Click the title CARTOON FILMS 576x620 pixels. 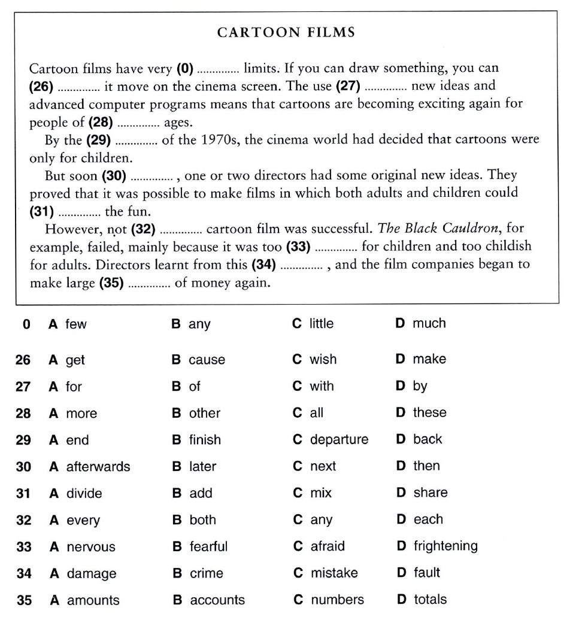point(286,32)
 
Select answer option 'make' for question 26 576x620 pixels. point(429,359)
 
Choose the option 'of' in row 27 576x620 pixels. point(195,387)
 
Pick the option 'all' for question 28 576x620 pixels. point(316,413)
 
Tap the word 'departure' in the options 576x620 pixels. point(339,440)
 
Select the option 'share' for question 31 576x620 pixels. point(430,493)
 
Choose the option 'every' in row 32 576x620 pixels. point(83,521)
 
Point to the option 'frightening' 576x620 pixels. point(445,546)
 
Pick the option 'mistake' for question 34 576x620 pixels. point(334,573)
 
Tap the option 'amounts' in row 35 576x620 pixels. point(93,600)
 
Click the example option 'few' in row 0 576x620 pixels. point(76,324)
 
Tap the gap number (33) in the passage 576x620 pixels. point(298,247)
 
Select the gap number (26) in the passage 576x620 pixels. point(41,87)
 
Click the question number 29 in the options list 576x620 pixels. point(23,440)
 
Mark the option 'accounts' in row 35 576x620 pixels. point(217,600)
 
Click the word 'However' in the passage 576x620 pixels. point(69,229)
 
